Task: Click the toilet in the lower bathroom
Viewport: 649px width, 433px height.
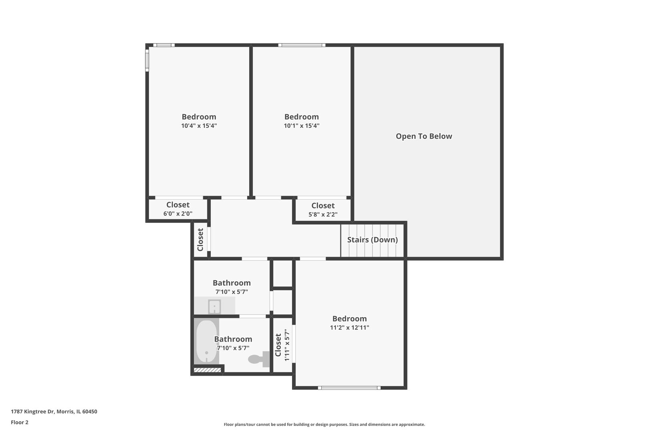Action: coord(259,359)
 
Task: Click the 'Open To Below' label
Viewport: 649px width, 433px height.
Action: coord(424,136)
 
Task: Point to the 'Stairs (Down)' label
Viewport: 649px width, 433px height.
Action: coord(372,240)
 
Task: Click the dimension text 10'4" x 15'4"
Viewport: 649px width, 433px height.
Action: coord(199,126)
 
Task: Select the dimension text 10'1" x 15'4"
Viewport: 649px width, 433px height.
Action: coord(301,126)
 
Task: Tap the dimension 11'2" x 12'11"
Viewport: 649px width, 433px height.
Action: coord(349,328)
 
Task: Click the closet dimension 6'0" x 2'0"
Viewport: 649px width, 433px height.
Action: coord(178,214)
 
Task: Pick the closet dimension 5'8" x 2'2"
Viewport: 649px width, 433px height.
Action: coord(323,214)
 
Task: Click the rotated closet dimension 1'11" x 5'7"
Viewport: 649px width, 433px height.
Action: coord(287,345)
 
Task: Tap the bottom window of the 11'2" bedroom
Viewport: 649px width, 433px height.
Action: coord(349,388)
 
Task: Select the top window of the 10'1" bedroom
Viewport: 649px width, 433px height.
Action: coord(302,45)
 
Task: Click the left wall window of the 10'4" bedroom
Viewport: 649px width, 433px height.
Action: coord(147,60)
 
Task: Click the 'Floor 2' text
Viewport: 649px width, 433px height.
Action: coord(20,422)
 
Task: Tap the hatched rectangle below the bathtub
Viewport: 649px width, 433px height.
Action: coord(207,370)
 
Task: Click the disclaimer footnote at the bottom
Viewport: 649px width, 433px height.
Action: coord(324,424)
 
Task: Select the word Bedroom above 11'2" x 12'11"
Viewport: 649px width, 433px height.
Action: coord(349,319)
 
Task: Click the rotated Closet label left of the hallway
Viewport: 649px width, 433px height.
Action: coord(200,240)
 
